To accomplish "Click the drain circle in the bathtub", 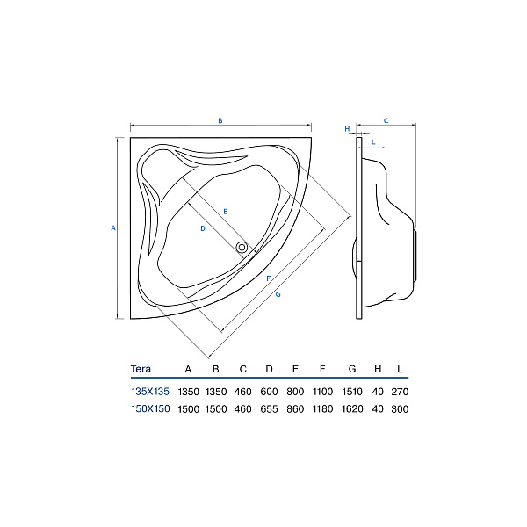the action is (242, 248).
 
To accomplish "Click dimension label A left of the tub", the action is (113, 227).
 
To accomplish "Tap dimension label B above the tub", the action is (220, 120).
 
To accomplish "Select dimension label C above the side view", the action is (386, 120).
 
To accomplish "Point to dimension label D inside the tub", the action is (203, 228).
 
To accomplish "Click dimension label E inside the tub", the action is (226, 212).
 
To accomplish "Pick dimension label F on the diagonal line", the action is (268, 278).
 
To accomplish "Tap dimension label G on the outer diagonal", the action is (278, 294).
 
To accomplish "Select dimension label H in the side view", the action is (347, 129).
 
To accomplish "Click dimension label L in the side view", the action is (373, 142).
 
